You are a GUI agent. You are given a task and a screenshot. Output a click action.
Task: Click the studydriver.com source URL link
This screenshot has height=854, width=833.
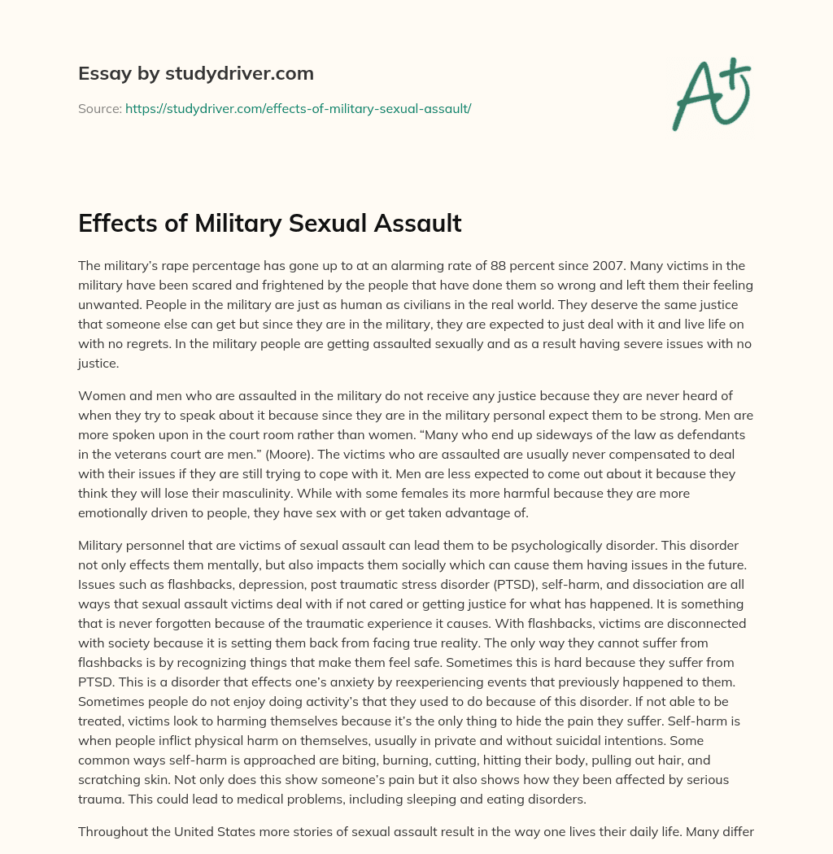coord(298,108)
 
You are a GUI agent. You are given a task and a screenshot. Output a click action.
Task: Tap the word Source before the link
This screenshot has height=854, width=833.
coord(98,108)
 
